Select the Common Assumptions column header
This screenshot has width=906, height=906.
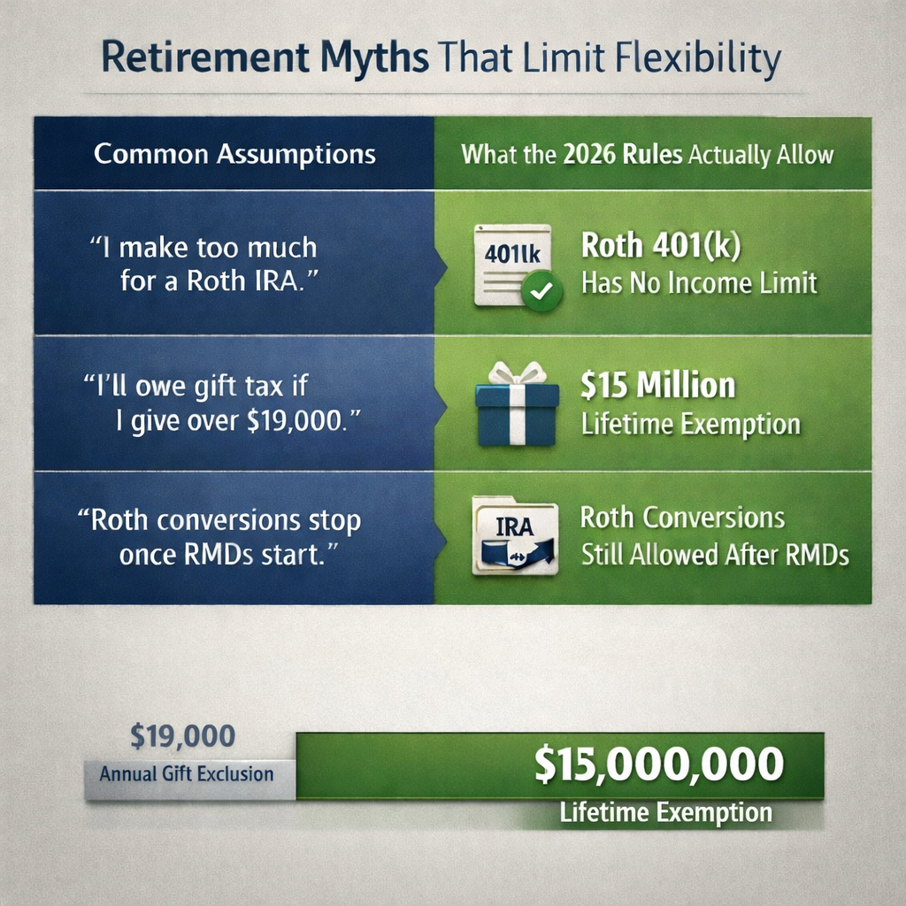(234, 155)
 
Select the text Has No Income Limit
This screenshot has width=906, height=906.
(699, 283)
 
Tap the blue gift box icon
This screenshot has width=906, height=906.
(518, 409)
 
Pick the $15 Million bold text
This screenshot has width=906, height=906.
(658, 387)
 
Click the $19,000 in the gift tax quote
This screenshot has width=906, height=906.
(296, 419)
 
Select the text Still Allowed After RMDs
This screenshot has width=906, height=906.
(715, 555)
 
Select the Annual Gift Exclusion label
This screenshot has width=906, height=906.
(186, 774)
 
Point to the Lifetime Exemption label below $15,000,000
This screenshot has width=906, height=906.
(665, 812)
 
